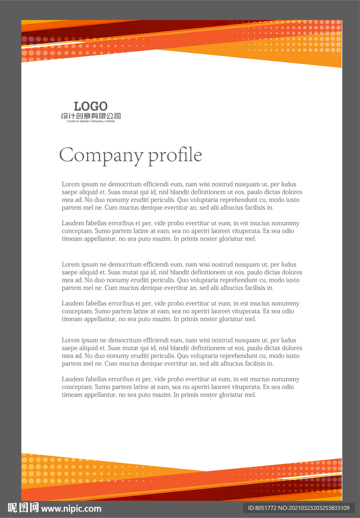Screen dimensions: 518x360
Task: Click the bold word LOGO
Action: [x=91, y=106]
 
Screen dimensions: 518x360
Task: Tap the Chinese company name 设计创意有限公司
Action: [x=91, y=116]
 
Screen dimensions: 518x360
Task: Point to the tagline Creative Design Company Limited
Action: [x=91, y=121]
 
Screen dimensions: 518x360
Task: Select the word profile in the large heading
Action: [x=175, y=155]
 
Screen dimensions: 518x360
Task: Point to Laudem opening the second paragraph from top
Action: [x=73, y=223]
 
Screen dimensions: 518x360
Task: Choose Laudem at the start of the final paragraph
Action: [x=73, y=379]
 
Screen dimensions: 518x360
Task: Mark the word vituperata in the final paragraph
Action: [x=244, y=387]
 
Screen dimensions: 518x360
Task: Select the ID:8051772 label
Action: [x=262, y=508]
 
